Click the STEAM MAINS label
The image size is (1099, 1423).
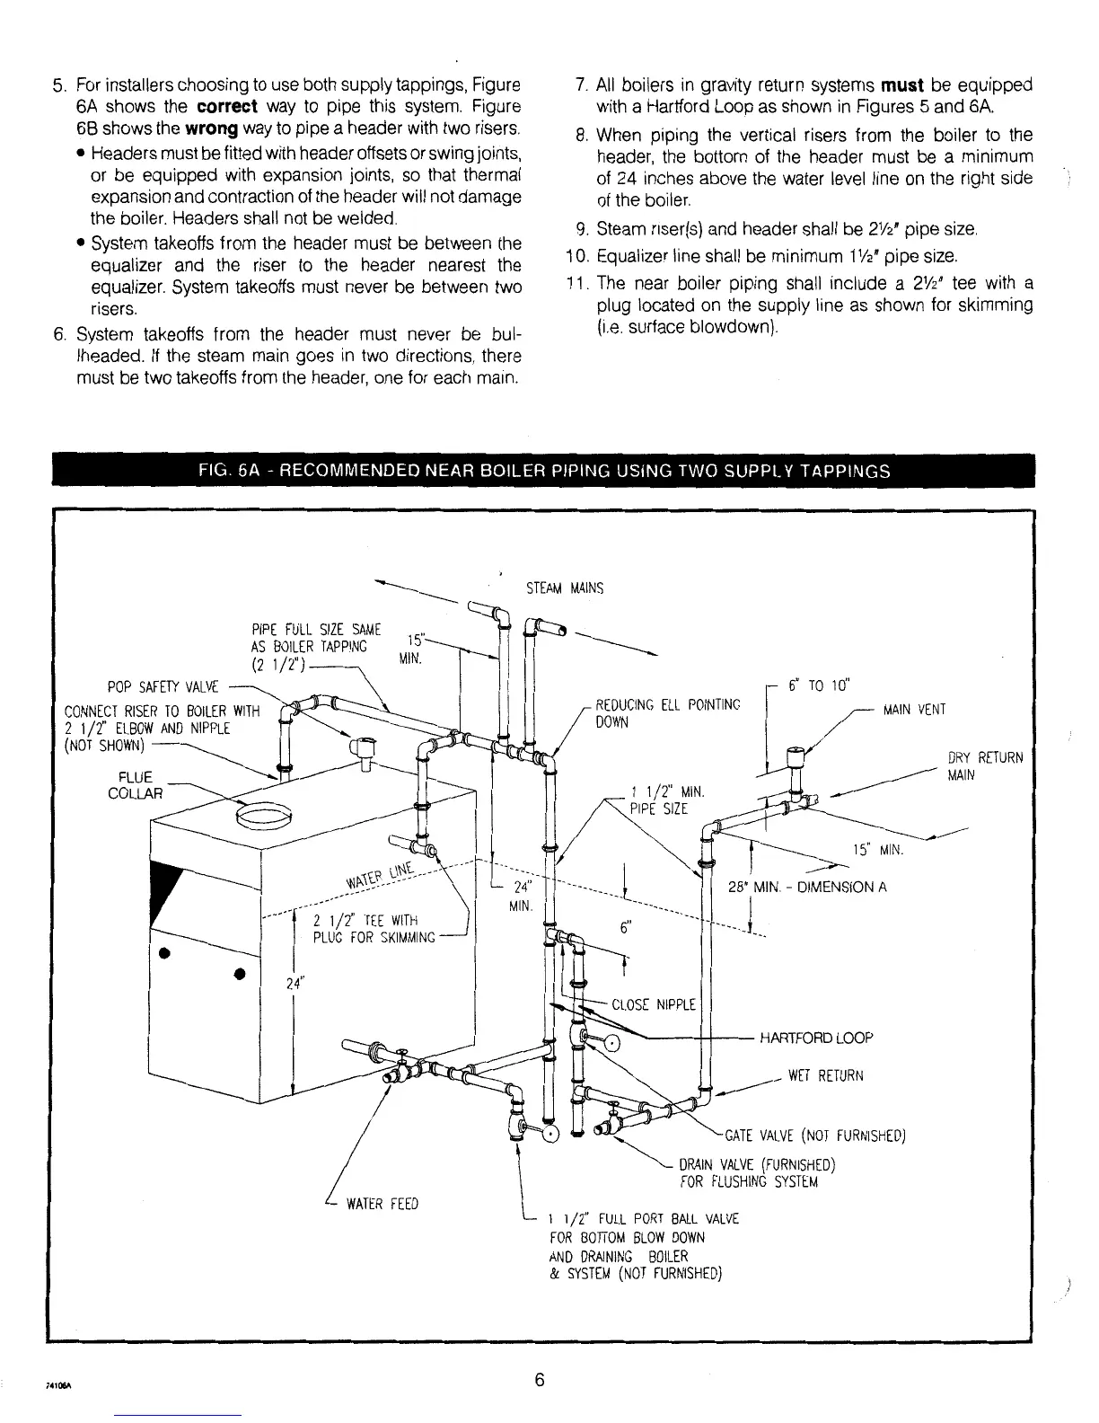[x=564, y=589]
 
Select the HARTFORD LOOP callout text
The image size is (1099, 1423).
[x=816, y=1038]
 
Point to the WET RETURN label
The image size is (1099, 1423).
[x=825, y=1075]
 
